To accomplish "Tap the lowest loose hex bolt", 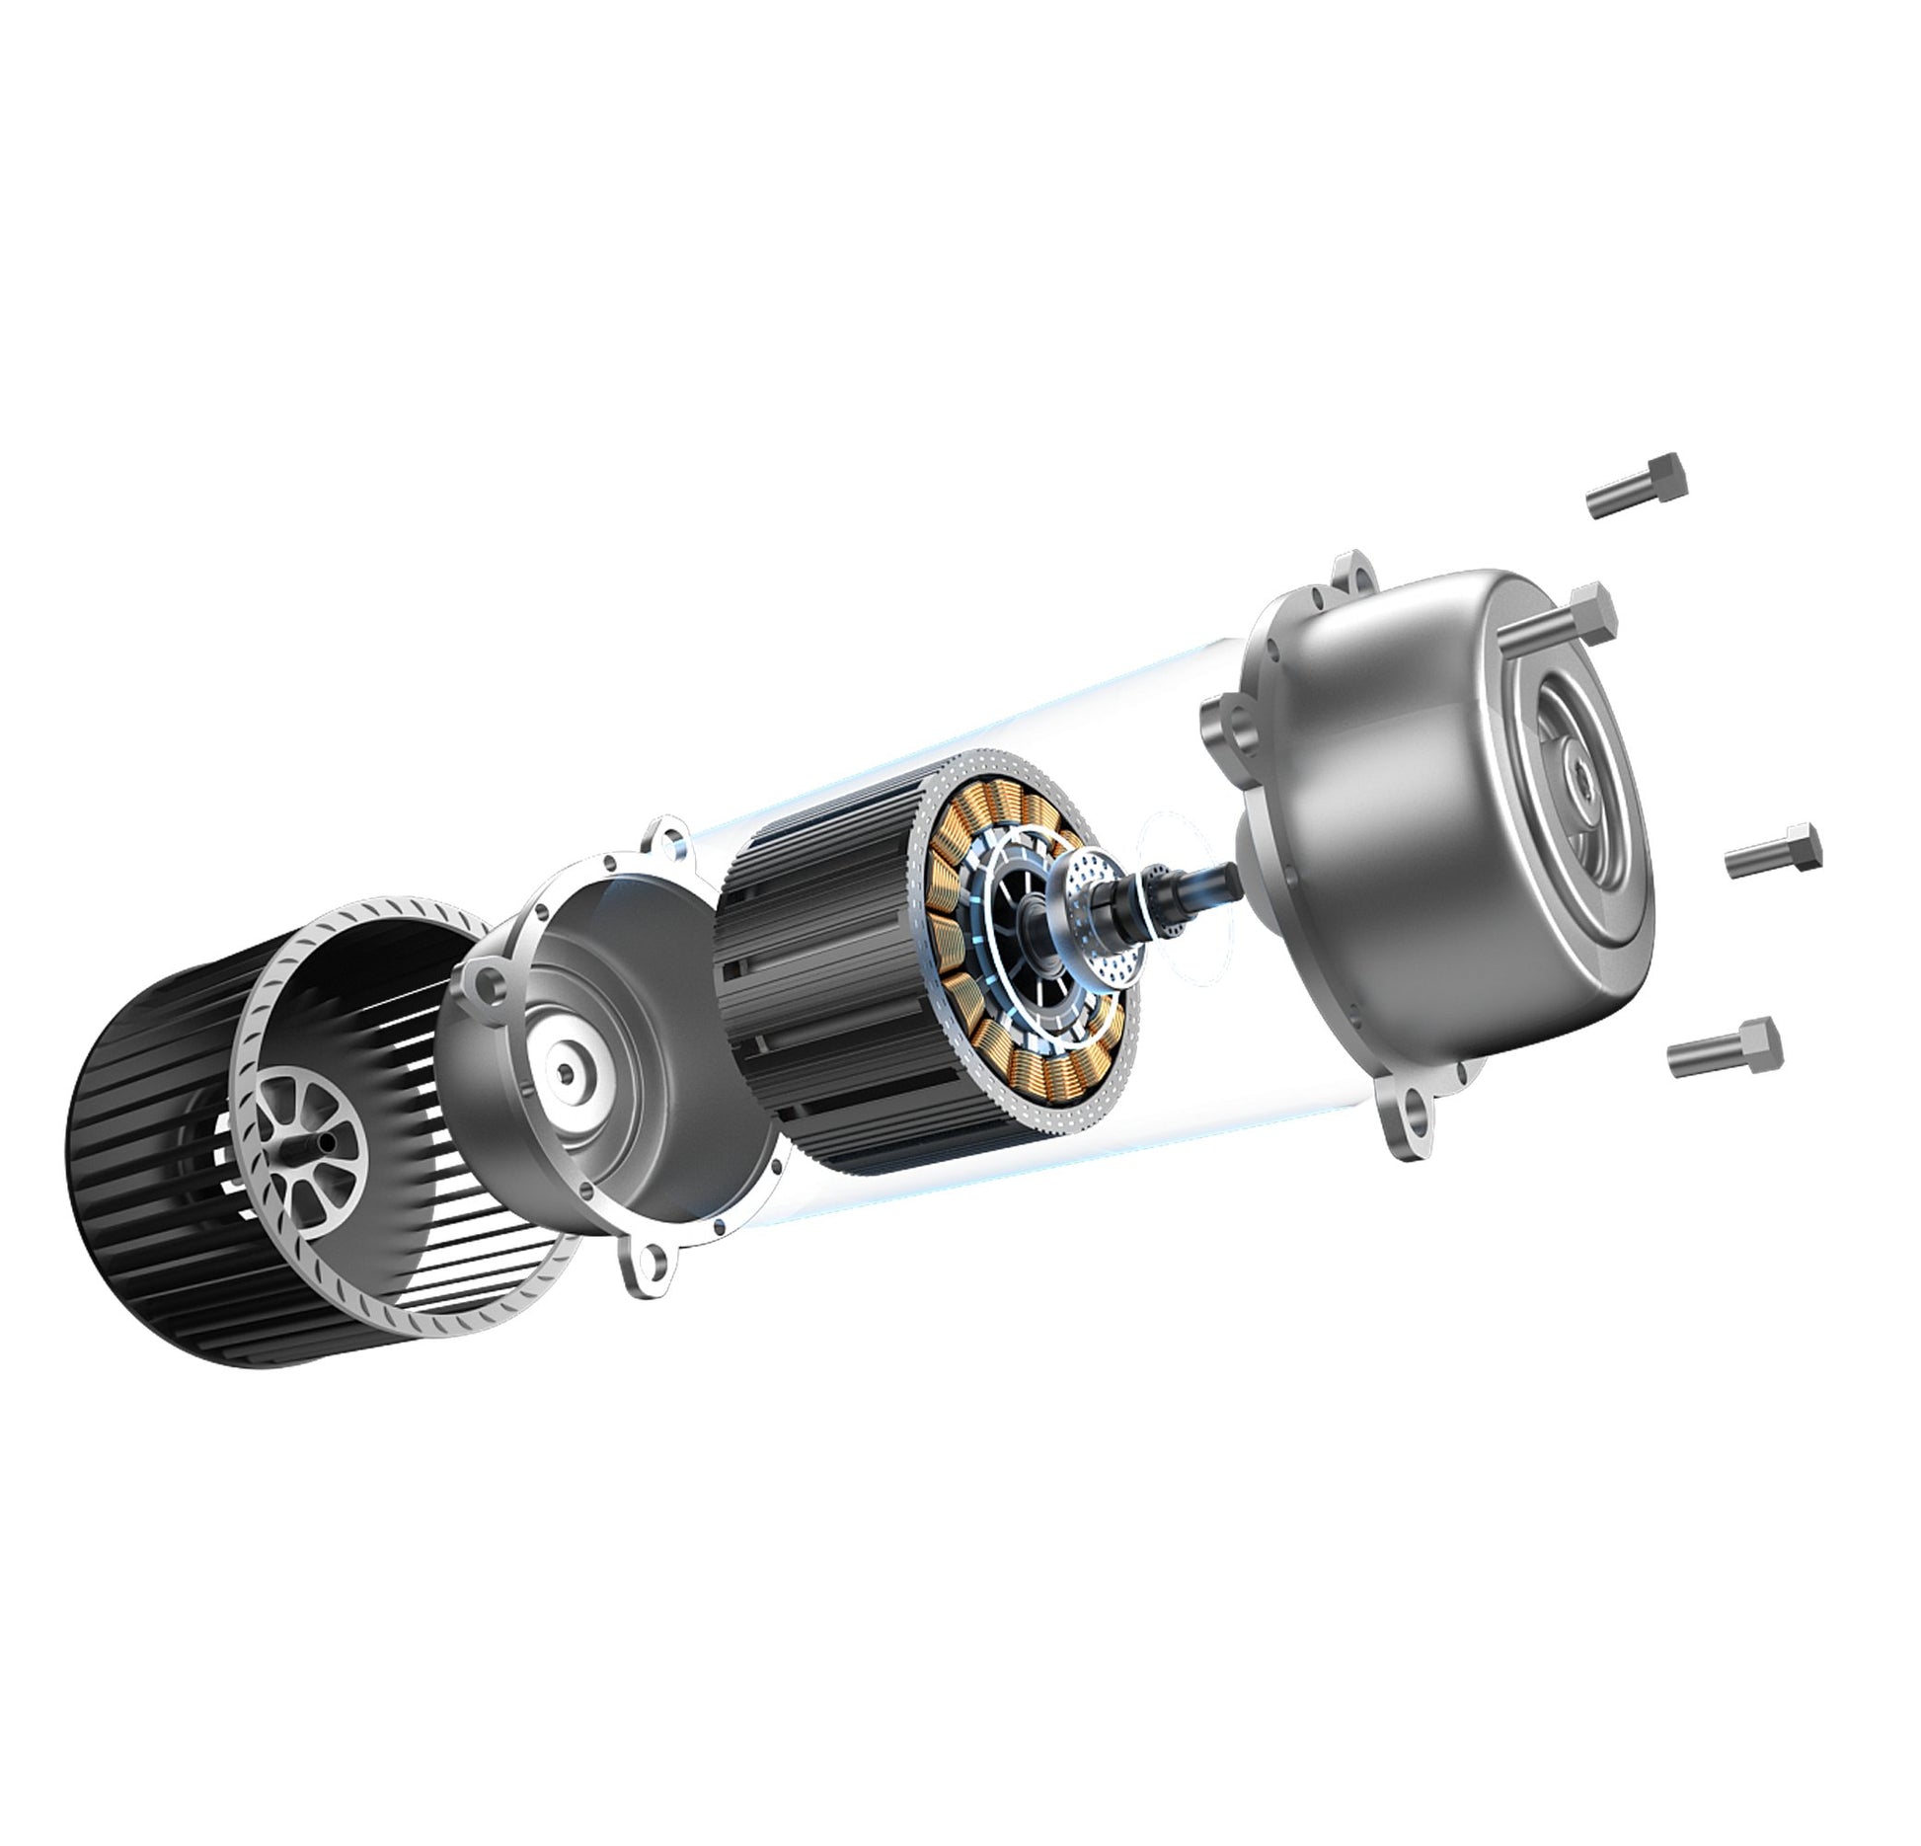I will (1724, 1049).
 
